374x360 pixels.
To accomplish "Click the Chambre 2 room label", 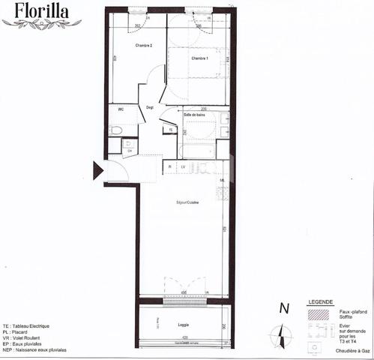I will (x=144, y=46).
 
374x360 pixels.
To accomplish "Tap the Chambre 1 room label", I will (x=199, y=58).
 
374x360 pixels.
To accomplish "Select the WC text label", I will (x=119, y=109).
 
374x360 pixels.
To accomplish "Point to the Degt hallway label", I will (x=150, y=106).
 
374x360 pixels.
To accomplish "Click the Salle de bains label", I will (x=196, y=114).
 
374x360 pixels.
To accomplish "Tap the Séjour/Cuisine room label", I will (x=187, y=202).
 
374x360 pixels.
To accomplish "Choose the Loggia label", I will (x=183, y=325).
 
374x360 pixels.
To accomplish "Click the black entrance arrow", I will (x=97, y=170).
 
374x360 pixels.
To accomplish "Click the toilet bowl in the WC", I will (x=115, y=130).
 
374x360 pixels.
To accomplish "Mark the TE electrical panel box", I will (x=171, y=130).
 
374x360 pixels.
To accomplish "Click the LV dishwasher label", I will (x=182, y=166).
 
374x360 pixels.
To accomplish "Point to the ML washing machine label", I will (x=223, y=181).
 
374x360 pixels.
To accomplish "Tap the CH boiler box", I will (x=130, y=150).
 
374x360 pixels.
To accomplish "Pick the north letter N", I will (x=283, y=307).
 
